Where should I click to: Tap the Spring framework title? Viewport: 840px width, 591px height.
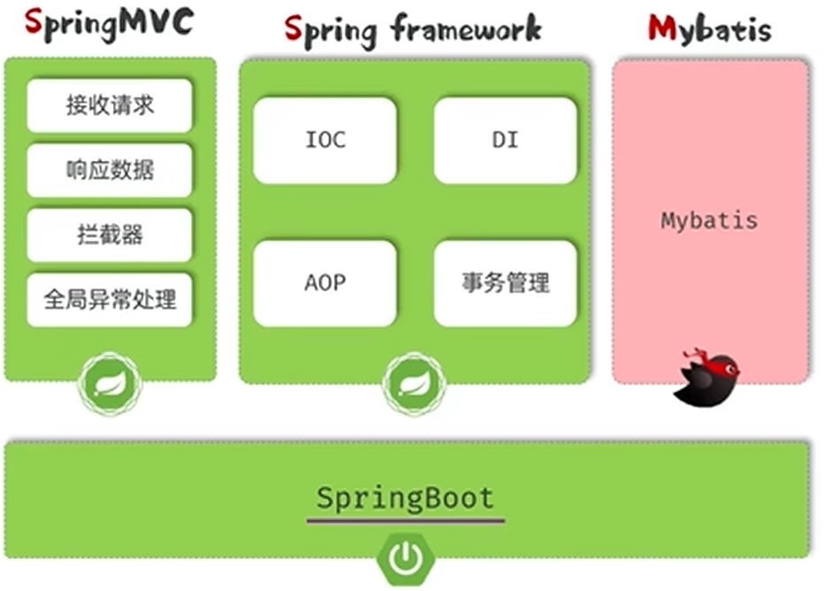click(412, 28)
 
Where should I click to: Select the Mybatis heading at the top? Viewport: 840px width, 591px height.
click(709, 28)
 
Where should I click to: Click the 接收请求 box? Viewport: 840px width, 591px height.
click(110, 105)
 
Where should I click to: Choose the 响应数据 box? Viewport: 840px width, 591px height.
click(110, 170)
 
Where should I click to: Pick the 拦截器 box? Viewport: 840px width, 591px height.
click(110, 234)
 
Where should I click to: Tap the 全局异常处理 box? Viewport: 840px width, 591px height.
click(110, 300)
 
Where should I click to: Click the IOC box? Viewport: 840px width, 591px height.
click(325, 140)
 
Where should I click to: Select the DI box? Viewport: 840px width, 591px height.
click(505, 140)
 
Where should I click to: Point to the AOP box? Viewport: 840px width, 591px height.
click(325, 283)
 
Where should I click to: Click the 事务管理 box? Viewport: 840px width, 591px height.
click(505, 283)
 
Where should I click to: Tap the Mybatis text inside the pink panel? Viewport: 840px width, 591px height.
click(709, 220)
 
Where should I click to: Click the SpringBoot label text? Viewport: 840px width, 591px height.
click(405, 497)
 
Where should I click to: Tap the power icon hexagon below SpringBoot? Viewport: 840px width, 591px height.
click(406, 557)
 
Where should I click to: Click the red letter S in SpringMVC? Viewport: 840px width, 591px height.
click(34, 25)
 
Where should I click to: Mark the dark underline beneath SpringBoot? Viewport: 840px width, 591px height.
click(405, 520)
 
